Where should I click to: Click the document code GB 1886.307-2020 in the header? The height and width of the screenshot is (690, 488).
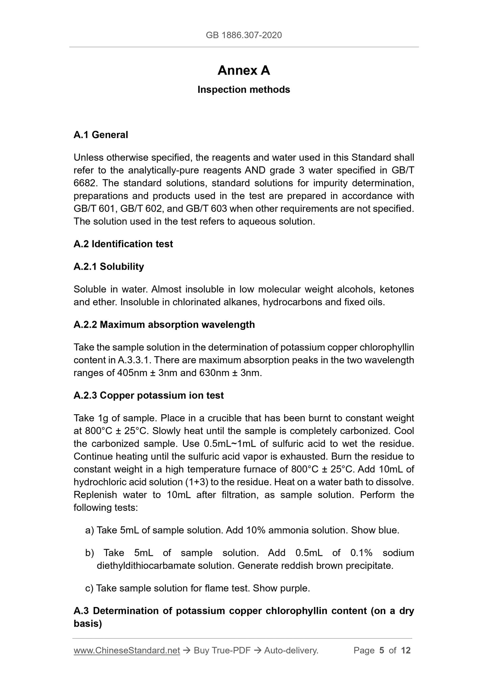(243, 35)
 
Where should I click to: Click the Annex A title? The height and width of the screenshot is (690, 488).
(243, 71)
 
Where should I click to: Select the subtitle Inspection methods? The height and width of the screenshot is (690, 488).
(243, 90)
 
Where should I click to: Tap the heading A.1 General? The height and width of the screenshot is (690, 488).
(101, 135)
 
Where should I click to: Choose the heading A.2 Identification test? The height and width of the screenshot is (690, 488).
(123, 244)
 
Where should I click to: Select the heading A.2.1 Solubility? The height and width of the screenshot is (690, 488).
(108, 267)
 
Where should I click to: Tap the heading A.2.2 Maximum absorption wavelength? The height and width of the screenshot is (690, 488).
(164, 325)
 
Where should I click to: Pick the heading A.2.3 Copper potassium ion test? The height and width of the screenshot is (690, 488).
(148, 396)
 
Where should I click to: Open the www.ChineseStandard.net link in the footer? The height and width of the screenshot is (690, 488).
(127, 651)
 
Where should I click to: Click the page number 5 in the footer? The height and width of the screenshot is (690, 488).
(382, 651)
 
